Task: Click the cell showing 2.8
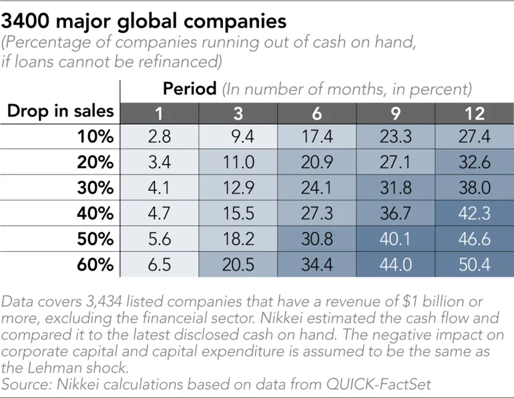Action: (160, 137)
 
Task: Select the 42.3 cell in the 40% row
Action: (475, 214)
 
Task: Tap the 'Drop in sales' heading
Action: (60, 111)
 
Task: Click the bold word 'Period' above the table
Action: (190, 88)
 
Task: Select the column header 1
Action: (160, 112)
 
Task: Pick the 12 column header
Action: (475, 112)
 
